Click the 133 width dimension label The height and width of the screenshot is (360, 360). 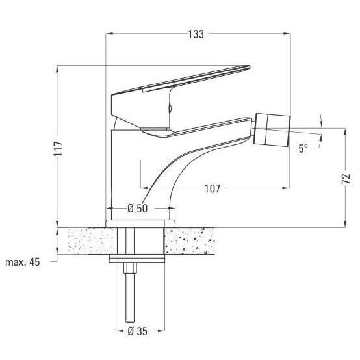pos(196,34)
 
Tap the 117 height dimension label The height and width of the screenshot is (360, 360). pos(58,149)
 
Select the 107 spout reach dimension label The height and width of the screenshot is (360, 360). pos(212,188)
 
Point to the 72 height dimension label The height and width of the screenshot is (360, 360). pos(346,179)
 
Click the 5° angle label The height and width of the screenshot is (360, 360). pos(303,148)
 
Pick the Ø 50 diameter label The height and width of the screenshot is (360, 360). pos(137,209)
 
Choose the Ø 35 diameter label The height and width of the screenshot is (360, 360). pos(137,331)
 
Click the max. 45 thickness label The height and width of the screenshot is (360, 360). pos(23,262)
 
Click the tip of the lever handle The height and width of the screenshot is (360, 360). pos(250,66)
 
